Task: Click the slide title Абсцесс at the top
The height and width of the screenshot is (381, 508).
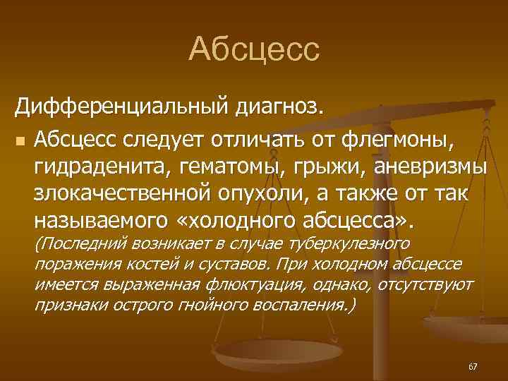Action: pos(254,49)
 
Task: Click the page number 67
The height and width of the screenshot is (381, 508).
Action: pos(472,366)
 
